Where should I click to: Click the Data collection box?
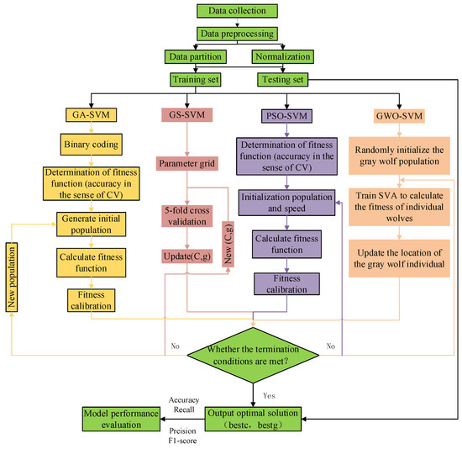point(244,12)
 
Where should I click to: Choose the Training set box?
point(201,81)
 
